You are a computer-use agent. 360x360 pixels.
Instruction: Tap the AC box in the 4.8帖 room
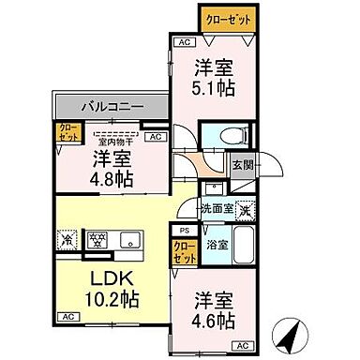pos(156,138)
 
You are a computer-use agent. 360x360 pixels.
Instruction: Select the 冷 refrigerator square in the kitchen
pos(67,239)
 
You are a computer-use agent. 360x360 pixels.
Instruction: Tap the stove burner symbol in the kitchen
pos(95,239)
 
